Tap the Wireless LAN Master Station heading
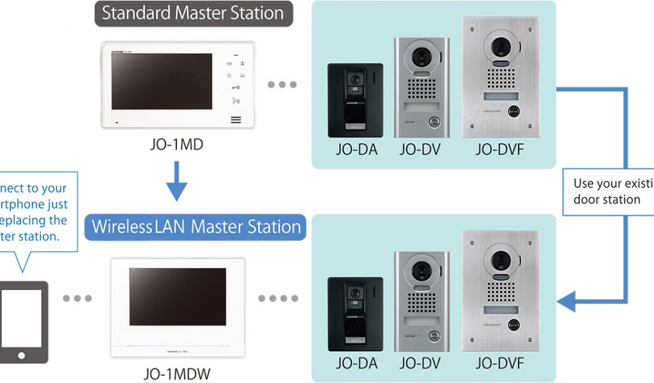[x=195, y=227]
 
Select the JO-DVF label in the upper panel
[x=499, y=149]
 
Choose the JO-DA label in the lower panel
[x=356, y=364]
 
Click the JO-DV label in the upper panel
[x=420, y=149]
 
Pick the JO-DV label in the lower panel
[x=420, y=364]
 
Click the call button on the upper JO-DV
[x=435, y=121]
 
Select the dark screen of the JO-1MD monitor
[x=162, y=81]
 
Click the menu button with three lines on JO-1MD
[x=236, y=119]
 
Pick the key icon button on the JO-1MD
[x=236, y=88]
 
